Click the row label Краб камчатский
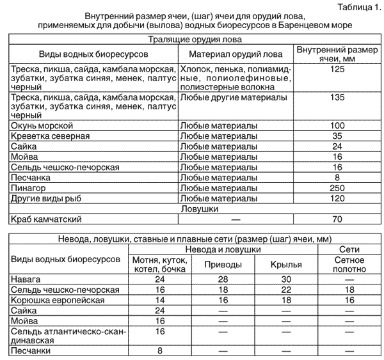click(x=47, y=219)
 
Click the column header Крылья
click(x=286, y=264)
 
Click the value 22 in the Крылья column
click(x=286, y=290)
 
